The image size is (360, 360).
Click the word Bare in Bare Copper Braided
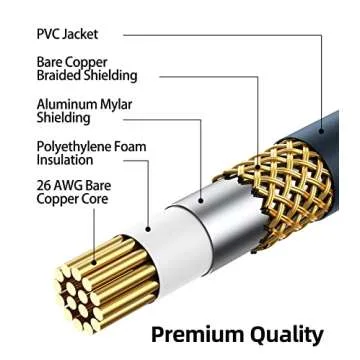tap(51, 61)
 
